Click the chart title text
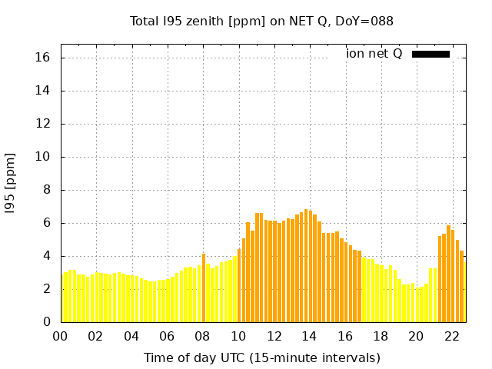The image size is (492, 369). click(261, 21)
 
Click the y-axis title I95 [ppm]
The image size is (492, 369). click(10, 182)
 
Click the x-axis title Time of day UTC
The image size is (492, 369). click(261, 357)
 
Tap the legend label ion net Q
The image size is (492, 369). click(374, 54)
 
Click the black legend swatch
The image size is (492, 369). click(430, 54)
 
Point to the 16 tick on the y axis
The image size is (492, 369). click(43, 58)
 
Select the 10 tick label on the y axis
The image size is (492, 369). click(43, 157)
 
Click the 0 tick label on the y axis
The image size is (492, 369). click(47, 322)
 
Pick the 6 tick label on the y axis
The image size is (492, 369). click(47, 223)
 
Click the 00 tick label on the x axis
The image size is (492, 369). click(60, 336)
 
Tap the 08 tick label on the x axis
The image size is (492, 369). click(202, 336)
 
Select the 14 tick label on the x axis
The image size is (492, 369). click(309, 336)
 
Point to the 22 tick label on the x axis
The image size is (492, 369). click(451, 336)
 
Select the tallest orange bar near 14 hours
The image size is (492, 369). click(306, 265)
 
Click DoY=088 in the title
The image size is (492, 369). click(367, 21)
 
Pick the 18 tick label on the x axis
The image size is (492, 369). click(380, 336)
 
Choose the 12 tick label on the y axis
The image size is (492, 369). click(43, 124)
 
